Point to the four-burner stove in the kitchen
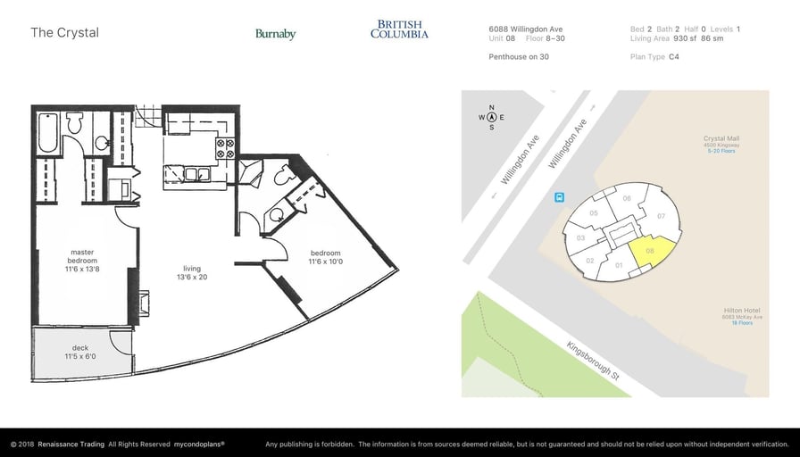coord(224,146)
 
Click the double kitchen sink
coord(191,172)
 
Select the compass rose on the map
coord(491,117)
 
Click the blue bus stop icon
coord(559,197)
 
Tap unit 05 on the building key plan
coord(594,213)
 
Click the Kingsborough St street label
coord(593,360)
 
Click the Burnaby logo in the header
coord(275,34)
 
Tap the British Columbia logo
coord(399,29)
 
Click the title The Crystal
coord(64,33)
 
